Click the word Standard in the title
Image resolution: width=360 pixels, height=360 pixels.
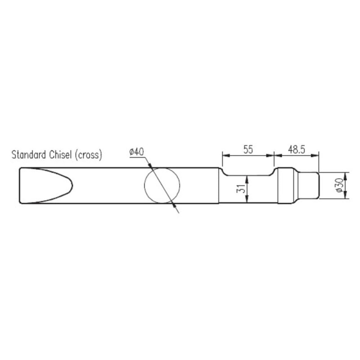[29, 155]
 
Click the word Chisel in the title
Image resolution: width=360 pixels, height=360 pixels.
[61, 155]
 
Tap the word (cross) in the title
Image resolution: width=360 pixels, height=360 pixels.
[88, 155]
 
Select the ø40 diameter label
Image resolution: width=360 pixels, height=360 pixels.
[137, 152]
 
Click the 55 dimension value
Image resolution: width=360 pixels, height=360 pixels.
[248, 150]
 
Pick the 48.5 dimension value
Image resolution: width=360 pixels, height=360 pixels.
[297, 150]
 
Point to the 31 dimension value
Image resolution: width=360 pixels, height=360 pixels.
[241, 189]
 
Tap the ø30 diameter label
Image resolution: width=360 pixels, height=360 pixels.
[340, 185]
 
